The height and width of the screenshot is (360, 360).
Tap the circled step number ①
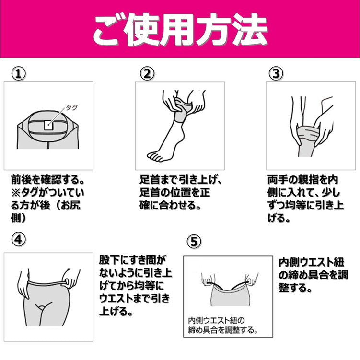click(18, 74)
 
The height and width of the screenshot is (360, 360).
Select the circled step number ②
click(147, 74)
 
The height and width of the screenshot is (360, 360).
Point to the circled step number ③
click(276, 74)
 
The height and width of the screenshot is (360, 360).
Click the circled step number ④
click(18, 239)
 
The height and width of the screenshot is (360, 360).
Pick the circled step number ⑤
click(194, 242)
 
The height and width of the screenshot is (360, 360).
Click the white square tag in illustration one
click(49, 125)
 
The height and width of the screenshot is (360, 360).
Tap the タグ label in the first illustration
click(71, 107)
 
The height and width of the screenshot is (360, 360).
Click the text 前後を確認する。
click(47, 180)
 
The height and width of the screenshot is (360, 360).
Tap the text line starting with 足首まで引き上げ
click(181, 180)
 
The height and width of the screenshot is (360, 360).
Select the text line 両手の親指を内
click(303, 180)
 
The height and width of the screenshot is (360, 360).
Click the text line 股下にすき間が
click(132, 260)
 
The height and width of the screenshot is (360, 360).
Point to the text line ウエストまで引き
click(134, 299)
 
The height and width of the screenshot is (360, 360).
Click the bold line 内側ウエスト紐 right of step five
click(311, 262)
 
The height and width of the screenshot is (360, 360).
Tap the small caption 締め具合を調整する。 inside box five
click(223, 330)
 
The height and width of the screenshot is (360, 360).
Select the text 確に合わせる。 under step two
click(170, 205)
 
